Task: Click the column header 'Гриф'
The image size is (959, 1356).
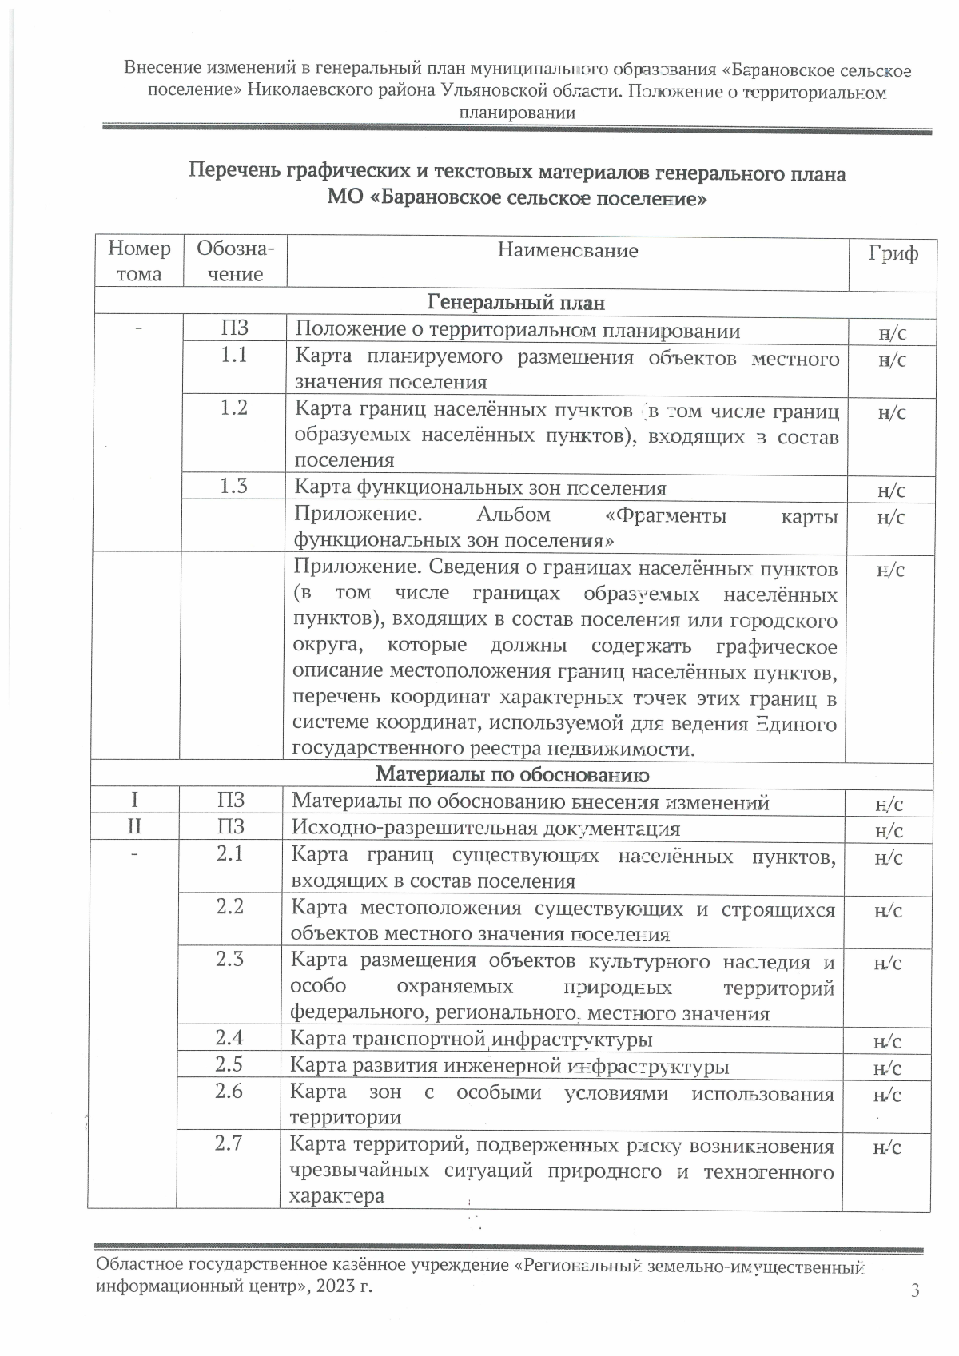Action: point(893,254)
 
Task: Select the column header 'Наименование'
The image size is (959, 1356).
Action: point(567,251)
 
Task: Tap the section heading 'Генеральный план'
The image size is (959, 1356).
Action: point(516,303)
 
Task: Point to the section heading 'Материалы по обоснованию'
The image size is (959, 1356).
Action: point(512,774)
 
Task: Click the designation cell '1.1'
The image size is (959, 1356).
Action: point(234,355)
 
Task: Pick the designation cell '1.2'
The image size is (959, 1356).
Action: point(234,408)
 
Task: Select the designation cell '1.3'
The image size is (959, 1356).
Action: point(234,486)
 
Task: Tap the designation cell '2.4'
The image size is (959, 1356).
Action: point(229,1038)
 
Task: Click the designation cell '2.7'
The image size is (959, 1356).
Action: point(229,1143)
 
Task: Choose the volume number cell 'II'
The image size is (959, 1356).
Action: point(134,827)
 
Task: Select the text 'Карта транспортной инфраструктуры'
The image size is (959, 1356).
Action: point(471,1040)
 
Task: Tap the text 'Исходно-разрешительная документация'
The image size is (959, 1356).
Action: point(486,829)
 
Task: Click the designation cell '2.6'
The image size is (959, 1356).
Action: point(229,1091)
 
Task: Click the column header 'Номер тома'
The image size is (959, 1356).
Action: point(139,261)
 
